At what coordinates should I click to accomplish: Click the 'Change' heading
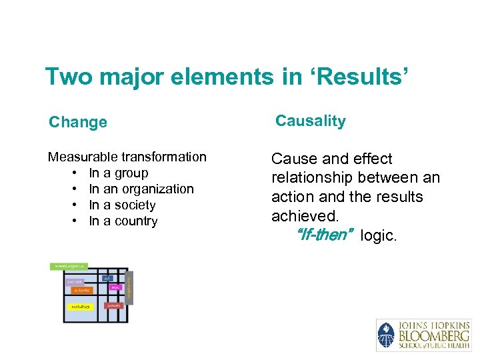[78, 122]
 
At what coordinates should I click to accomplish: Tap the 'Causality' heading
[311, 121]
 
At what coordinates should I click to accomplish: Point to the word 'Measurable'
[83, 157]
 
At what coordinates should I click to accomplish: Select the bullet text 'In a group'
[119, 173]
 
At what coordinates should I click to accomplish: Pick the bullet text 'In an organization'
[141, 189]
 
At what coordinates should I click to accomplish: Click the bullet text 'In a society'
[122, 205]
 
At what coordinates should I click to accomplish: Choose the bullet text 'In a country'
[123, 221]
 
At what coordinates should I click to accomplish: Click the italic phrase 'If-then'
[325, 235]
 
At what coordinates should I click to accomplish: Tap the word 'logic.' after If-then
[378, 235]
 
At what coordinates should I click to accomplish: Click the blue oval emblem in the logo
[386, 335]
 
